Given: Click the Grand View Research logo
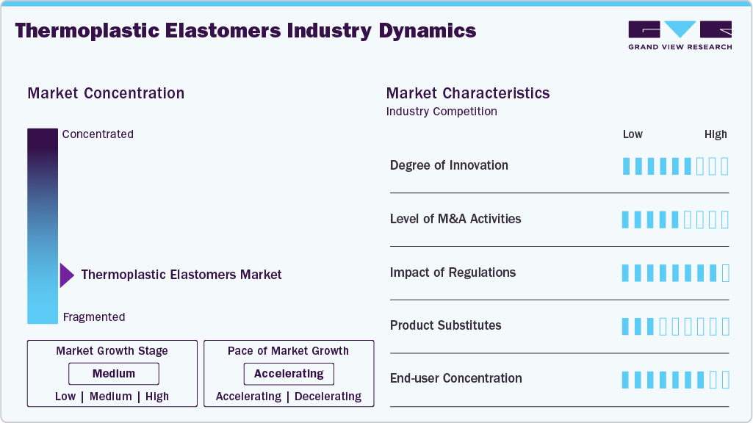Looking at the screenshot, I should (x=680, y=35).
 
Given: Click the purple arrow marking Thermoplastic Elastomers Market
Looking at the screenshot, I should (x=67, y=275).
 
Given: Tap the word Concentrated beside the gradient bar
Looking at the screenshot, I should (x=98, y=134).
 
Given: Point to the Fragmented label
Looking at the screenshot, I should (x=94, y=317).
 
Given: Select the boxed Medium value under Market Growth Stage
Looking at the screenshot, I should (x=114, y=374).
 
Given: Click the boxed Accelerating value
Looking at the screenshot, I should (x=289, y=374).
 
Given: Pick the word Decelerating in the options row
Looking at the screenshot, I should (x=327, y=397).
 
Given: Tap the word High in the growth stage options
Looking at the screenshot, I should (x=157, y=397).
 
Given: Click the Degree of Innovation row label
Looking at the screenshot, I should (x=449, y=165).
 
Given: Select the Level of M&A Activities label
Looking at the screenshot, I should (x=455, y=219).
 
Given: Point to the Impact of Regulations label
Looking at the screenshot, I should (x=453, y=272).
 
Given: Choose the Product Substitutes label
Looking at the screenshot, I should (x=445, y=325).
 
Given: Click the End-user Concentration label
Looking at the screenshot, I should (x=455, y=378).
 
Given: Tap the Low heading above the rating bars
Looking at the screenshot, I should (x=633, y=134).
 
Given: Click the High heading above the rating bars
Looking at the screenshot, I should (x=716, y=134).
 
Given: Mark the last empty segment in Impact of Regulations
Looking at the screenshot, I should (x=725, y=273).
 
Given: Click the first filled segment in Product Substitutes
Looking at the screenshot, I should (x=626, y=326).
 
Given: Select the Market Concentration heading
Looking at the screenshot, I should (x=106, y=93).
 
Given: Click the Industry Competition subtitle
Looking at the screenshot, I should (x=442, y=112).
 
